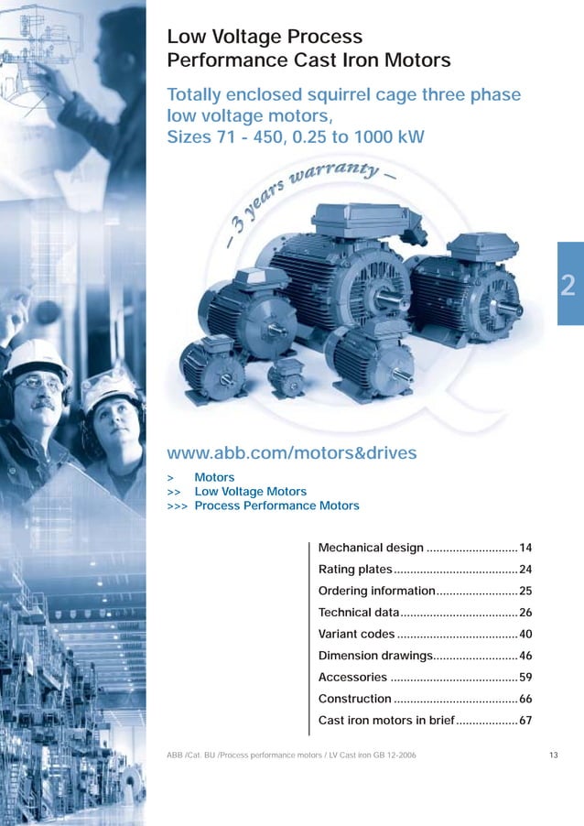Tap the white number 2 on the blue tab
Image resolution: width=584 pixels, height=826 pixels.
tap(568, 287)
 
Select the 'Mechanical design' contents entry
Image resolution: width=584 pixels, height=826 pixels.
tap(371, 548)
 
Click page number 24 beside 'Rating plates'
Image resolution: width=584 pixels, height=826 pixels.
tap(525, 570)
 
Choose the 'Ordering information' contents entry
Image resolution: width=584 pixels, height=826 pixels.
tap(375, 591)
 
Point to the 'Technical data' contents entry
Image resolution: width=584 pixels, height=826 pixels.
tap(359, 612)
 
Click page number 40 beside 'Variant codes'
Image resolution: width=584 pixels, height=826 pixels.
tap(525, 634)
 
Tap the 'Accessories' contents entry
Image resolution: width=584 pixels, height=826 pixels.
tap(352, 678)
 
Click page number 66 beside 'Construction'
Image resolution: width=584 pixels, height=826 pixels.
tap(525, 699)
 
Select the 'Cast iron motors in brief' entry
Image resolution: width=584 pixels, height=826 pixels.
tap(385, 721)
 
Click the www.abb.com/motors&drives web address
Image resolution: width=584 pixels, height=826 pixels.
tap(291, 452)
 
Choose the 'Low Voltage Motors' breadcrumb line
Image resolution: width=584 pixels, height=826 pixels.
tap(250, 492)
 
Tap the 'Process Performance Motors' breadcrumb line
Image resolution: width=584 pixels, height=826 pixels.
tap(276, 505)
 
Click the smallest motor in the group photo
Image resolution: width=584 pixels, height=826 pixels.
tap(287, 375)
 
